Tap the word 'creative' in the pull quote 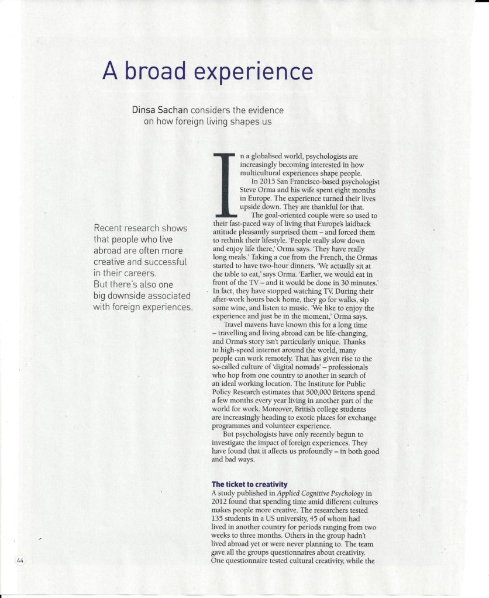pos(112,262)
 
